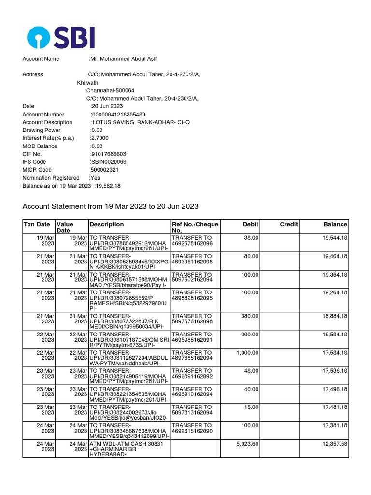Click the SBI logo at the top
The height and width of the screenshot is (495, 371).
coord(61,38)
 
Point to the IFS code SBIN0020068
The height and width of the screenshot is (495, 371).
coord(108,162)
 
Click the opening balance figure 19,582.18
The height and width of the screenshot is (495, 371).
coord(108,186)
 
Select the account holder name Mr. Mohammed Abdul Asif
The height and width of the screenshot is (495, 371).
coord(123,59)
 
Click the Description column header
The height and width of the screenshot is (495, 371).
coord(106,224)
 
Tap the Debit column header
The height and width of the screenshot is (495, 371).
coord(251,224)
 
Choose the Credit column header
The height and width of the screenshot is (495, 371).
coord(289,224)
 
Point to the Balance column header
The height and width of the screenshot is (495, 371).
coord(335,224)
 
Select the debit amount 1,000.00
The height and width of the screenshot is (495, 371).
coord(247,353)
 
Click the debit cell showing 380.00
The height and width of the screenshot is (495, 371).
coord(250,316)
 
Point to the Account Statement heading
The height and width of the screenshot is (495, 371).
coord(111,207)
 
